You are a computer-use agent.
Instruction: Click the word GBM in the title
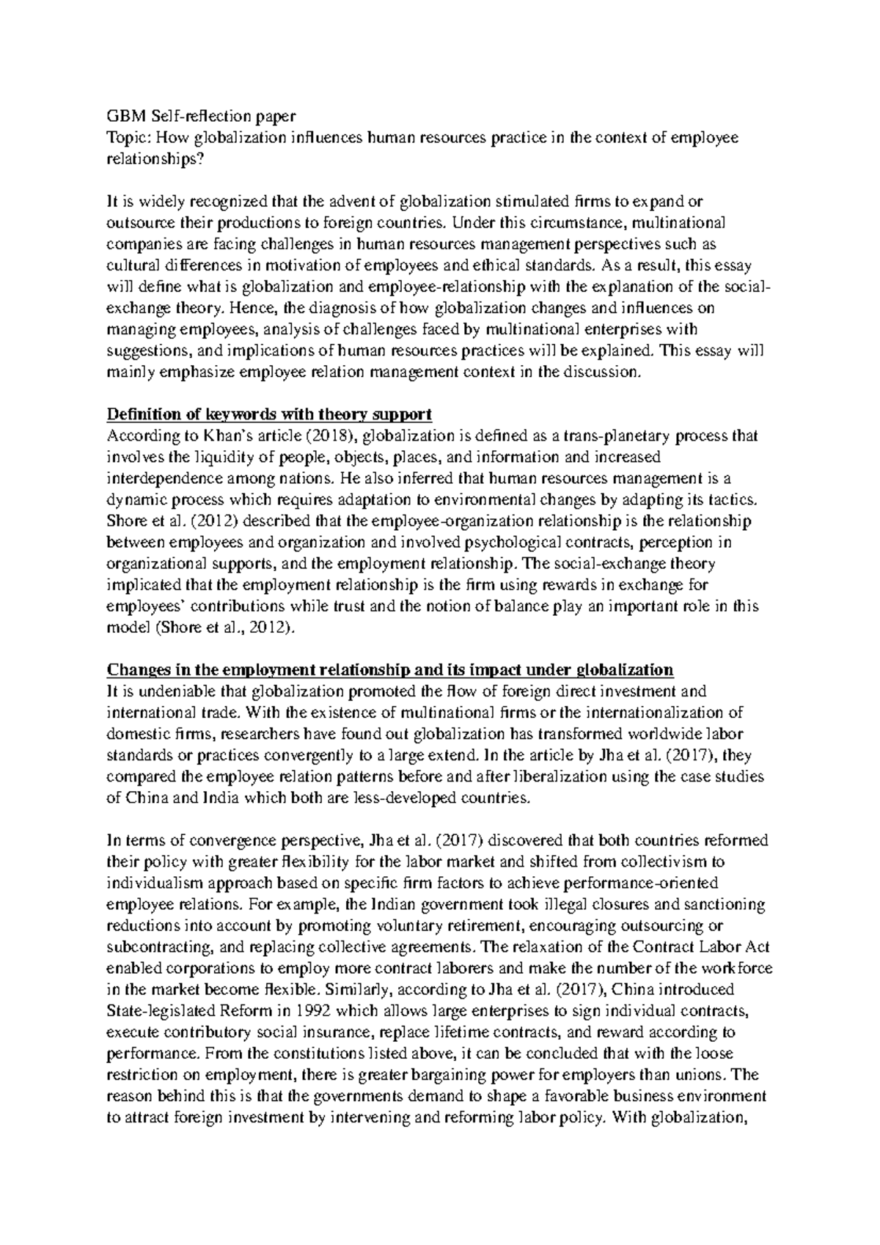(122, 117)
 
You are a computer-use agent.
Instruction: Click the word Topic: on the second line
(126, 138)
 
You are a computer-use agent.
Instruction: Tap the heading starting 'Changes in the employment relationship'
(390, 669)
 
